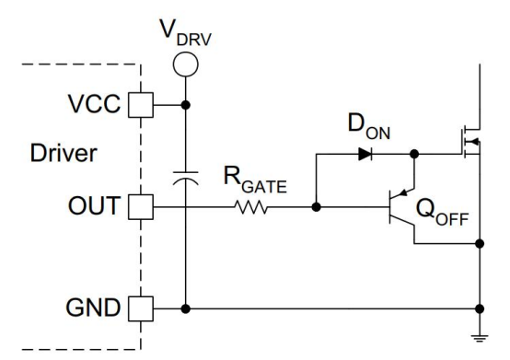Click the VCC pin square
coord(141,105)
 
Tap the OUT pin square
coord(141,207)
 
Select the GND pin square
coord(141,308)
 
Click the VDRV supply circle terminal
coord(185,64)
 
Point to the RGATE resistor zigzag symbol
coord(250,207)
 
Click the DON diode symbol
coord(365,154)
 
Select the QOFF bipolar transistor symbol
coord(401,207)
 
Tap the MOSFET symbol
coord(471,142)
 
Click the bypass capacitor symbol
coord(185,179)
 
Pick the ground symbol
coord(480,338)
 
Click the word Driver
coord(64,153)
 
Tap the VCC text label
coord(94,104)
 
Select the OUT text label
coord(94,206)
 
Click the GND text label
coord(93,308)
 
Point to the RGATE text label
coord(255,180)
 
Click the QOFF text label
coord(443,212)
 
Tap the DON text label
coord(369,126)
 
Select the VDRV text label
coord(186,33)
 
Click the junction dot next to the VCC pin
coord(185,105)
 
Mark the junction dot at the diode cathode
coord(414,154)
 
